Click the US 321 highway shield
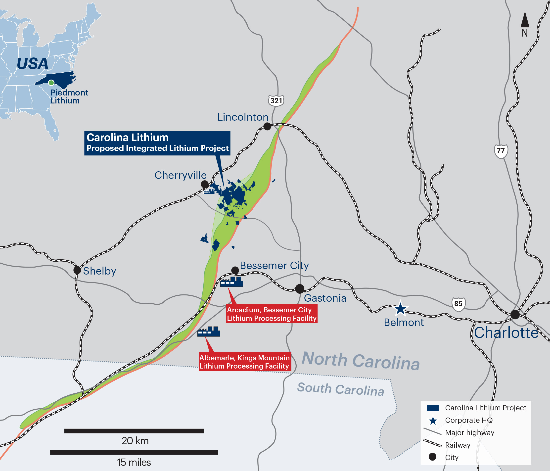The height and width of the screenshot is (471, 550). (x=276, y=101)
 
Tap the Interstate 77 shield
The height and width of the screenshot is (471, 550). (x=501, y=151)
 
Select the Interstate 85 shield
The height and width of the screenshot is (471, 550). (x=458, y=303)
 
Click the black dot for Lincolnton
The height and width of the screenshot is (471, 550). (x=267, y=126)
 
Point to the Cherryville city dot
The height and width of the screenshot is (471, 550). (x=205, y=184)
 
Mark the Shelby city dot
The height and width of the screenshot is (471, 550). (x=77, y=270)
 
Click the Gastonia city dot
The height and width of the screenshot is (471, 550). (x=300, y=289)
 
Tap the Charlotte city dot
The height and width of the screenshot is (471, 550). (x=515, y=314)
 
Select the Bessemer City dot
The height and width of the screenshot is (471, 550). (x=235, y=270)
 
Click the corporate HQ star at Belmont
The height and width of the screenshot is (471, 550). (x=400, y=309)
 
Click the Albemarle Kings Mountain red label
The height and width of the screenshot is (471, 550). (x=245, y=362)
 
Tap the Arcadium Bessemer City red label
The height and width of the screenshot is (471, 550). (x=272, y=314)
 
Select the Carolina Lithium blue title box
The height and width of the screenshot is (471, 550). (x=157, y=143)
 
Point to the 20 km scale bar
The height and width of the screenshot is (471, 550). (x=134, y=431)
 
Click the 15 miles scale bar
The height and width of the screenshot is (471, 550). (x=134, y=452)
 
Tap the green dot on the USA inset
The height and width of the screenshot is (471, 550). (x=51, y=83)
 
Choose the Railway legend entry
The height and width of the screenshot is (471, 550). (x=457, y=445)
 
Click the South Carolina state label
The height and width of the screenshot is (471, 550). (x=341, y=389)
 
